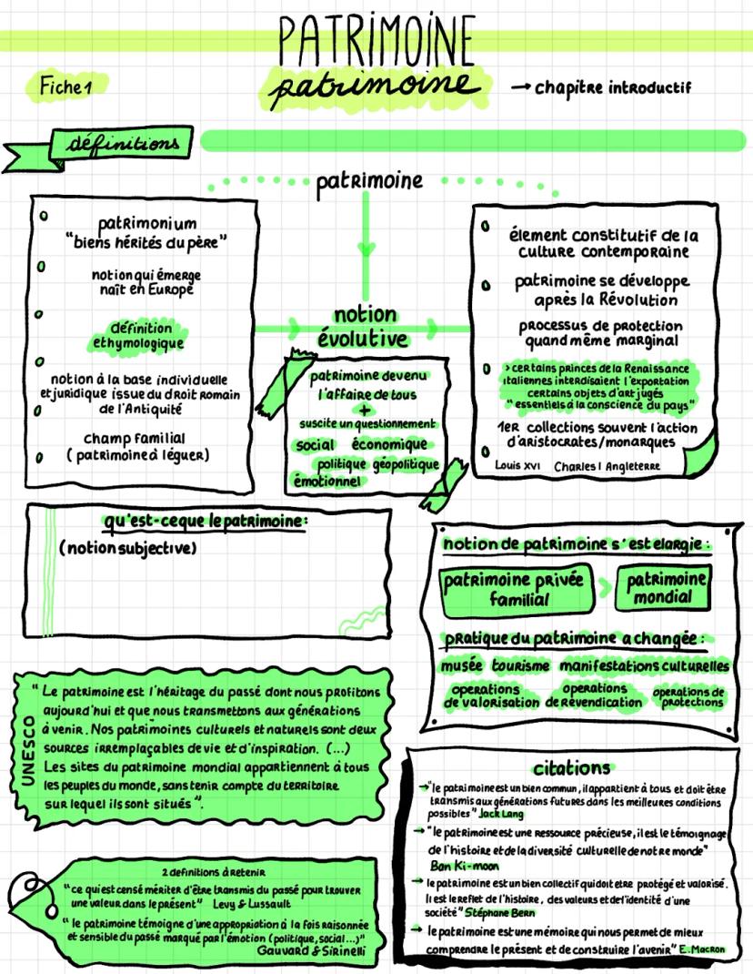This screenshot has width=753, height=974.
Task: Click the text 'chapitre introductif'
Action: click(x=612, y=88)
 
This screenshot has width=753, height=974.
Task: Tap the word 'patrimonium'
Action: click(x=146, y=223)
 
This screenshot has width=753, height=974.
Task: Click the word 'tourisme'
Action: click(x=522, y=666)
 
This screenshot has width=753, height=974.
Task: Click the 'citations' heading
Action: click(x=572, y=767)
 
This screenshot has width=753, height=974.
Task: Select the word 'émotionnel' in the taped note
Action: click(x=326, y=482)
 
